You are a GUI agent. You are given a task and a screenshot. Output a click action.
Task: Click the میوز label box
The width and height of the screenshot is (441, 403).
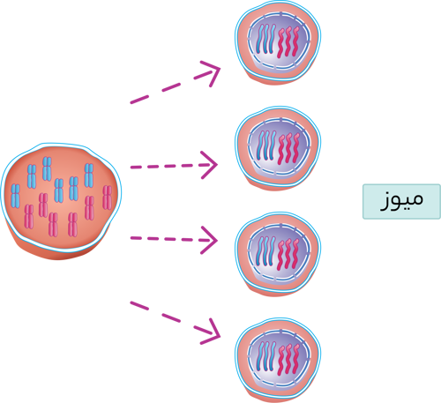(x=401, y=201)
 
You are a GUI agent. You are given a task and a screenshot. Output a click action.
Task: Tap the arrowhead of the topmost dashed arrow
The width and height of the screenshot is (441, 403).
(x=209, y=73)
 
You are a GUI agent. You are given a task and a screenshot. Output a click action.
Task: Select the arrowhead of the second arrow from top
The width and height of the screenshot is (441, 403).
(x=208, y=165)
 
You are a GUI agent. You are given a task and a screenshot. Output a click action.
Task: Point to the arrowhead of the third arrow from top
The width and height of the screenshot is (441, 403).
(x=208, y=240)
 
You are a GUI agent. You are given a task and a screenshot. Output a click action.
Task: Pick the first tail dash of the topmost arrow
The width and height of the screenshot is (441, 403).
(x=139, y=99)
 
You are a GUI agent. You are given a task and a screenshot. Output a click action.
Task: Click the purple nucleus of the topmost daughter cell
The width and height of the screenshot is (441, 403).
(x=279, y=41)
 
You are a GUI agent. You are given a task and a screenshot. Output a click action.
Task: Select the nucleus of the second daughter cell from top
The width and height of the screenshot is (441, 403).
(x=279, y=147)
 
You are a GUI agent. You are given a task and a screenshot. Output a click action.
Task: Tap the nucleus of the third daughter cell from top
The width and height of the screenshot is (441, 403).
(x=279, y=253)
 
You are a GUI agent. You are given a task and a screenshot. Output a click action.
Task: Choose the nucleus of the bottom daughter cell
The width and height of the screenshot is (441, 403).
(x=279, y=358)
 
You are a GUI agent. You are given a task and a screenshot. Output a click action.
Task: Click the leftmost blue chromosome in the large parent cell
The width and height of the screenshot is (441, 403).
(x=15, y=196)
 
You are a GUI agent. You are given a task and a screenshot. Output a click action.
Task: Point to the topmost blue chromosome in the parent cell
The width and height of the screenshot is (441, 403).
(x=47, y=168)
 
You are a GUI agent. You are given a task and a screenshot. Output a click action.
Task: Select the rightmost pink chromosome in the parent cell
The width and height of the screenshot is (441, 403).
(x=108, y=198)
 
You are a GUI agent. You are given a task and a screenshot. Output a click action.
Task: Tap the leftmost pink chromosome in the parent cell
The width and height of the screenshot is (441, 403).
(x=29, y=216)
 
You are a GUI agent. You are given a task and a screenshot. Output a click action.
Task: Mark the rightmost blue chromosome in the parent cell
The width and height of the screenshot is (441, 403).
(x=89, y=175)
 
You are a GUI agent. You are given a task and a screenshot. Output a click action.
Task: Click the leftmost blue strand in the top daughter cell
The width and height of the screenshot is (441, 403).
(x=260, y=39)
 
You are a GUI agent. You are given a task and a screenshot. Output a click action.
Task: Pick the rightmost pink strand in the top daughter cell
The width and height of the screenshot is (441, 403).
(x=295, y=41)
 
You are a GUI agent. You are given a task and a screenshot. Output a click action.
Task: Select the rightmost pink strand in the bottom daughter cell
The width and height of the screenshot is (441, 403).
(x=295, y=359)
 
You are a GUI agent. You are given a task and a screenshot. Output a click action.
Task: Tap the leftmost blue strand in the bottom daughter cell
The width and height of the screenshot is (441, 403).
(x=260, y=356)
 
